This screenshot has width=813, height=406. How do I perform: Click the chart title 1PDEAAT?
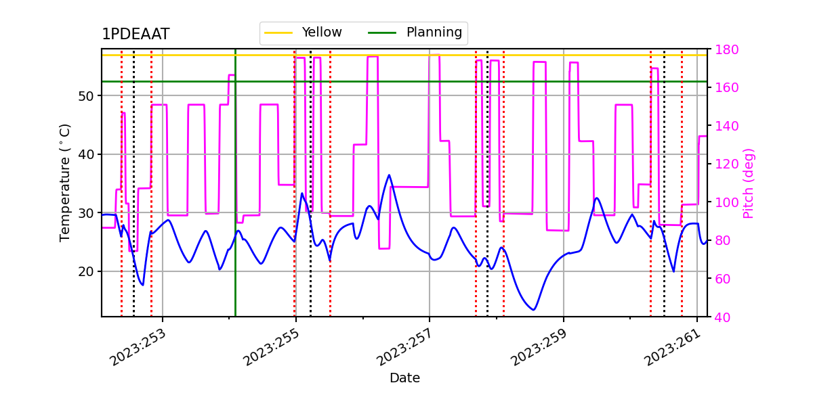[135, 35]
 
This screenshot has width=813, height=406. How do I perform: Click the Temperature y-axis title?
[65, 183]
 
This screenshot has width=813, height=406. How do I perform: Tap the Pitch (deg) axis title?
[749, 183]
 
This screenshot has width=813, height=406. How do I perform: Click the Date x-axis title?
[404, 378]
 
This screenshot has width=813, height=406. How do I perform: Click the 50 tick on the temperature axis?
[87, 95]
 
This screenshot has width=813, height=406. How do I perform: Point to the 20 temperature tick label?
[87, 271]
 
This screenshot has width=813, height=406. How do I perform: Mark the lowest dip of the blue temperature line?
[534, 310]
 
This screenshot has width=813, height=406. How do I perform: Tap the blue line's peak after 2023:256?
[389, 175]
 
